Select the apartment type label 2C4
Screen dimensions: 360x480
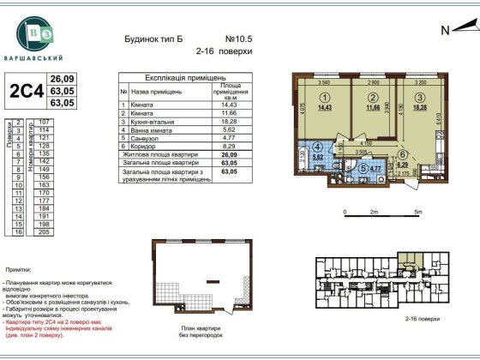pyautogui.click(x=26, y=90)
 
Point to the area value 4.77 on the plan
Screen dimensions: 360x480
pyautogui.click(x=375, y=169)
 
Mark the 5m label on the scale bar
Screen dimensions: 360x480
pyautogui.click(x=417, y=211)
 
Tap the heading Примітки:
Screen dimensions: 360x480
pyautogui.click(x=18, y=268)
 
